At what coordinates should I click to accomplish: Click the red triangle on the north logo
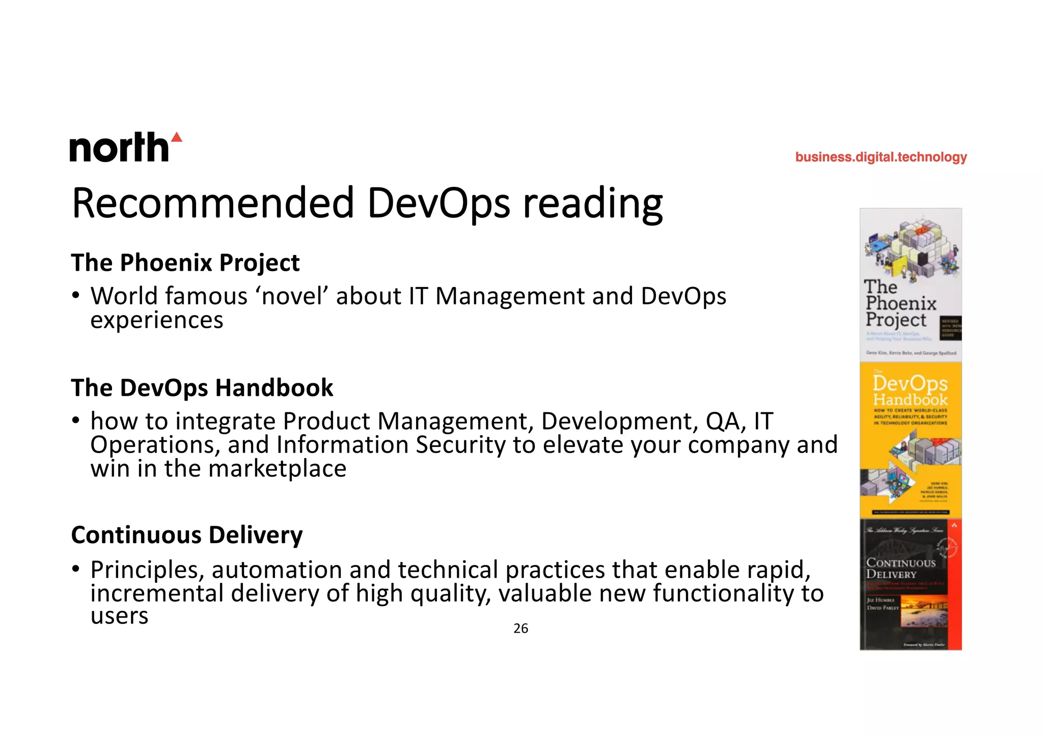[176, 137]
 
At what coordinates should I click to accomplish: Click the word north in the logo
[119, 148]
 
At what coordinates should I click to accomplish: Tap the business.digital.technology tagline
[881, 157]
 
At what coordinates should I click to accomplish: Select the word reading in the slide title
[593, 204]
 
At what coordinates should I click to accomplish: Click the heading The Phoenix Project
[185, 263]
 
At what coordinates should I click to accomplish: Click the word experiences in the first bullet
[157, 320]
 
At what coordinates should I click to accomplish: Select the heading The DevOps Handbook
[202, 388]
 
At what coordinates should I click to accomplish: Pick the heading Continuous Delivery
[187, 535]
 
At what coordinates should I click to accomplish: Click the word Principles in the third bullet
[147, 570]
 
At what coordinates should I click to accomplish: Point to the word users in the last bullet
[119, 616]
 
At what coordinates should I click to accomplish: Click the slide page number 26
[520, 629]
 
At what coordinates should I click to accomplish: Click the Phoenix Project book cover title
[900, 304]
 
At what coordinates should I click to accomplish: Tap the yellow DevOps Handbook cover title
[910, 391]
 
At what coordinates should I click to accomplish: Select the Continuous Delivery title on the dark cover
[900, 568]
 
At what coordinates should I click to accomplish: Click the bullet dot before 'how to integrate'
[76, 420]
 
